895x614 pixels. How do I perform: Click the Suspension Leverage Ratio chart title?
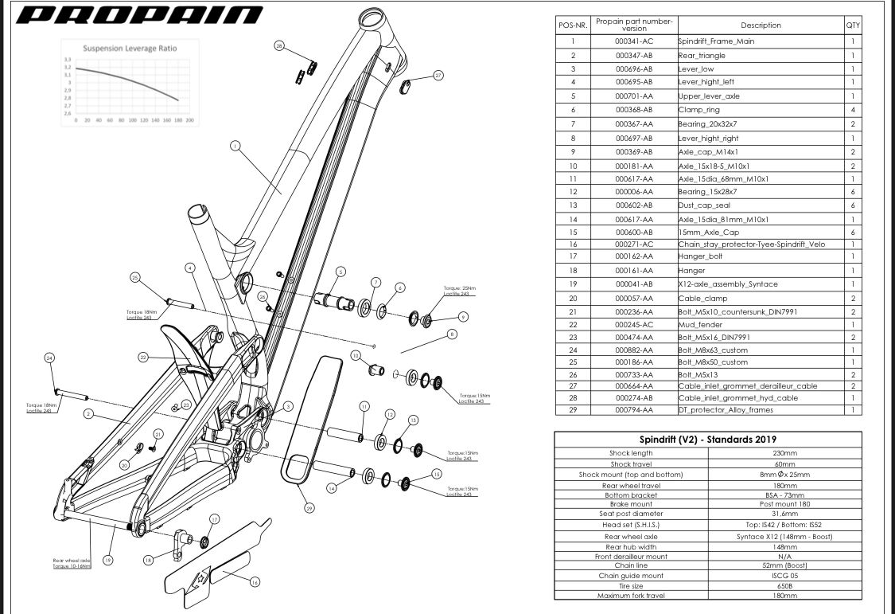(130, 48)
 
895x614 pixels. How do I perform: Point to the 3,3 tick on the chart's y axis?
(68, 60)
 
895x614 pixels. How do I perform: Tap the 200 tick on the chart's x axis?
(190, 120)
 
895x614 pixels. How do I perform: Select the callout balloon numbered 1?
(235, 146)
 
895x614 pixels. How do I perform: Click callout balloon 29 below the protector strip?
(309, 507)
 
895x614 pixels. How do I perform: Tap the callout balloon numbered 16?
(255, 582)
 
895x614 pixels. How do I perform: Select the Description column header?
(760, 25)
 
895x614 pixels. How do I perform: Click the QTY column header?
(853, 25)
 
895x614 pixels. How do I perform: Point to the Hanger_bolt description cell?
(701, 256)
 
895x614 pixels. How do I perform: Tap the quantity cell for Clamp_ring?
(853, 110)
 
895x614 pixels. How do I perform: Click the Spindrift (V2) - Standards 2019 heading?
(708, 440)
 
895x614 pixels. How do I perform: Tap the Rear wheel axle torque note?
(71, 563)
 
